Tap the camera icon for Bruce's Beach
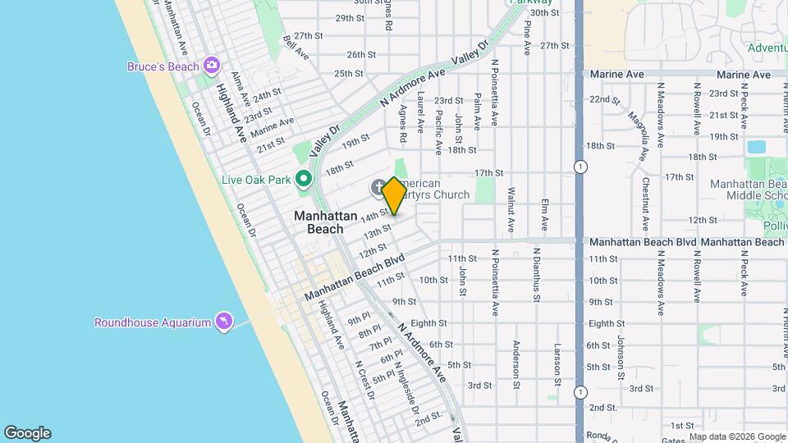pos(212,65)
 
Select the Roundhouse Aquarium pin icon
pos(222,322)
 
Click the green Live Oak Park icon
pos(304,178)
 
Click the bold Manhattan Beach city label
pos(326,222)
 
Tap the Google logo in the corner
pos(27,433)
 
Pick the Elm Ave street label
pos(544,214)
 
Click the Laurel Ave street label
pos(419,112)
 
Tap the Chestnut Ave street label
pos(646,205)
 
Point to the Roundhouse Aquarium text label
pos(153,322)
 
